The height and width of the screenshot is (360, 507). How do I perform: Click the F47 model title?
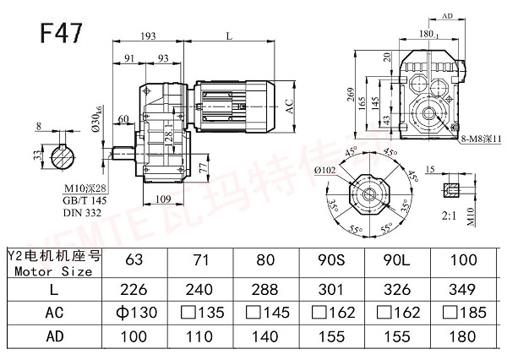[x=61, y=33]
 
